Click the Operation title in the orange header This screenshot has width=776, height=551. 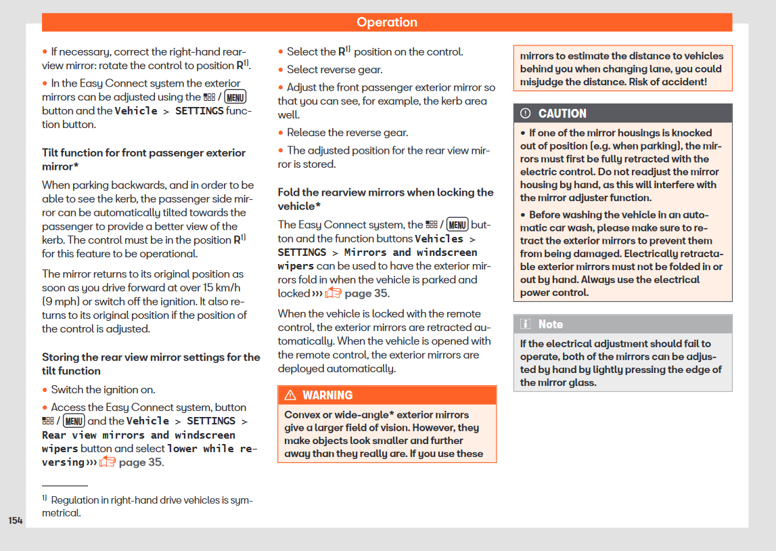(x=387, y=22)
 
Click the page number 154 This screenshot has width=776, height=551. (x=16, y=521)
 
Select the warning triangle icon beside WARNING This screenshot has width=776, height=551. (x=290, y=395)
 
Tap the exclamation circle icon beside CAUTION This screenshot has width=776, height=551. (x=526, y=114)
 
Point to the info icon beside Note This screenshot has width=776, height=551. (x=526, y=324)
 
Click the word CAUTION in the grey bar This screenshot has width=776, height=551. (x=562, y=114)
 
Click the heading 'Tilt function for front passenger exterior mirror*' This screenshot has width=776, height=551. (x=143, y=160)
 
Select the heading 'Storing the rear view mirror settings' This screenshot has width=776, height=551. (x=151, y=364)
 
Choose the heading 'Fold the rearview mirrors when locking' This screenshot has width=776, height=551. (x=386, y=199)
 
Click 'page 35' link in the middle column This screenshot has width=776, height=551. (x=366, y=293)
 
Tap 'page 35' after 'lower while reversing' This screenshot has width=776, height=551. (x=139, y=462)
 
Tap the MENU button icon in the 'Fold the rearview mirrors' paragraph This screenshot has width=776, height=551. (x=457, y=225)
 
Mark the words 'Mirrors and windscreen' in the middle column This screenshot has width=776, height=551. (x=411, y=252)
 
